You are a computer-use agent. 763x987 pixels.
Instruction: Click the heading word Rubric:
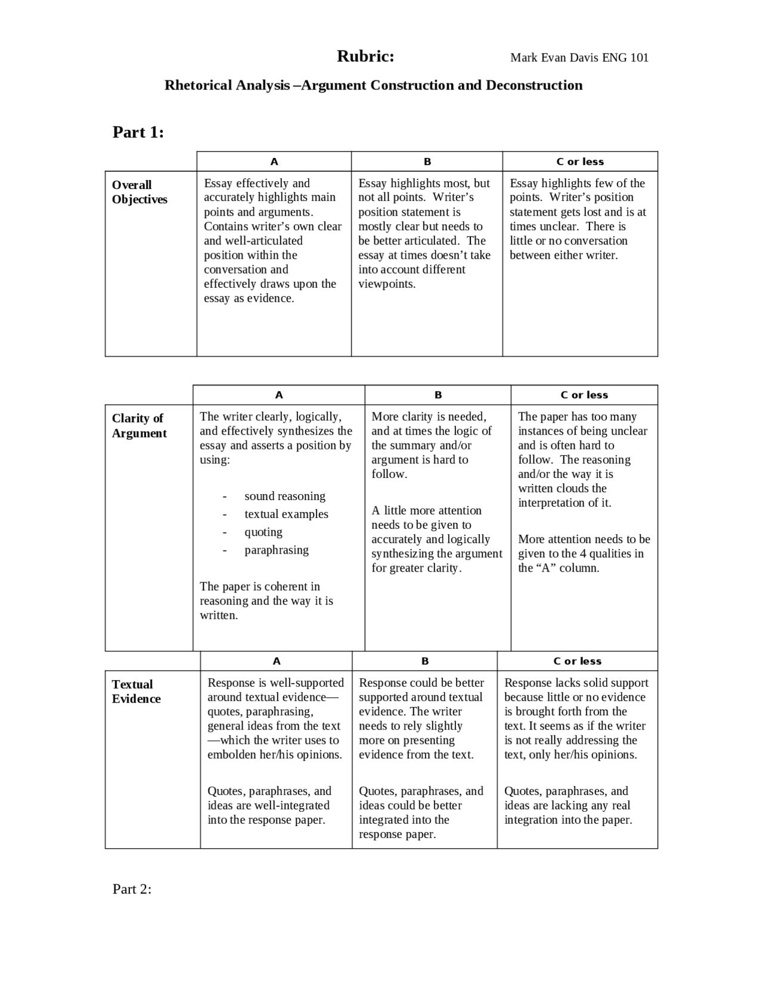(365, 57)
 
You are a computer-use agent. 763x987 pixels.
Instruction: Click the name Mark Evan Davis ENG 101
(579, 58)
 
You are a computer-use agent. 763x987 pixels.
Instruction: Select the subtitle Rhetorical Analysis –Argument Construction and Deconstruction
(373, 85)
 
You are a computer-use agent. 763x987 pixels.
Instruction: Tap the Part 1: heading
(138, 132)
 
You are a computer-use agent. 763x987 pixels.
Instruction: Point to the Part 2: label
(132, 889)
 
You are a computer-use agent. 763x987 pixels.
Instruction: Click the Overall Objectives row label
(139, 192)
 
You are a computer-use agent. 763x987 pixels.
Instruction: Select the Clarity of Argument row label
(139, 426)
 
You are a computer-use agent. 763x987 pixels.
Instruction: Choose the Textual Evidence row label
(136, 691)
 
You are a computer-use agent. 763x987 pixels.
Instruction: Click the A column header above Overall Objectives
(274, 162)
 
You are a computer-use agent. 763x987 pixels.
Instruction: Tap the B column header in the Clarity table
(438, 395)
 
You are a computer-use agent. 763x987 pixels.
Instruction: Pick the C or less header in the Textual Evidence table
(577, 661)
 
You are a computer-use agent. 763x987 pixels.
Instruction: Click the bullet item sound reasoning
(285, 496)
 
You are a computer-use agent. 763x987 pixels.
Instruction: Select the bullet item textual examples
(286, 514)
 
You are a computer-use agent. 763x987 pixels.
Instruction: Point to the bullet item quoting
(263, 532)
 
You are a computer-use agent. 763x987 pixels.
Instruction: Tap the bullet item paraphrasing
(277, 550)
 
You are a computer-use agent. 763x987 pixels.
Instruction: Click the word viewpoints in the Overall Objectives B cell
(386, 284)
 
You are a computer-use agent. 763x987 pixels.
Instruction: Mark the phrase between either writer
(563, 255)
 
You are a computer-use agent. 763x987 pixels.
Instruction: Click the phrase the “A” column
(559, 567)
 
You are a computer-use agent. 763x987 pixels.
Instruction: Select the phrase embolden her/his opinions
(274, 755)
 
